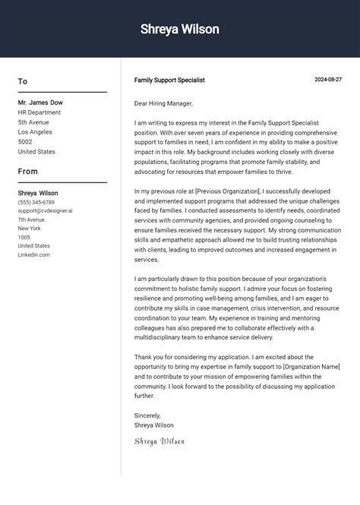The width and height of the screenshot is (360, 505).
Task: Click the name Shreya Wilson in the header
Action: [180, 30]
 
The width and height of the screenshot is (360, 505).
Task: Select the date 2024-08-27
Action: [328, 80]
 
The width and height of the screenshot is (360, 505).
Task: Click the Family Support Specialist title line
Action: [169, 80]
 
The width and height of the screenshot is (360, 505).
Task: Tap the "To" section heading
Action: [23, 81]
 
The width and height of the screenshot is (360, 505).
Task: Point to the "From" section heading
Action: [28, 172]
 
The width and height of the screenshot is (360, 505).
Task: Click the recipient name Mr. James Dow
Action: [40, 103]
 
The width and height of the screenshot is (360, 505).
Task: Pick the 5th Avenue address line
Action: [33, 122]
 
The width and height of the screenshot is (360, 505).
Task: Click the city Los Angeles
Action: [36, 132]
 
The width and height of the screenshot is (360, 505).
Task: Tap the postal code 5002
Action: [25, 142]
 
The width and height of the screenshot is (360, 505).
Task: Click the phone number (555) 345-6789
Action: [36, 203]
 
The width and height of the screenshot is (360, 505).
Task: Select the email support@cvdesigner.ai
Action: [46, 211]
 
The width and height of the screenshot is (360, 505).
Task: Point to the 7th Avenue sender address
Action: [31, 219]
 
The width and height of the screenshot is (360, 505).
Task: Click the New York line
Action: [30, 229]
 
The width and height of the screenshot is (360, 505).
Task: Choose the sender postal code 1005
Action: [24, 238]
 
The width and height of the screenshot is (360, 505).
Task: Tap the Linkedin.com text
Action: [34, 255]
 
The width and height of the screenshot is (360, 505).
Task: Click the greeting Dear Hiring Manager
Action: [163, 103]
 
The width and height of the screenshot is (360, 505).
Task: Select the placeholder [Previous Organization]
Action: [228, 191]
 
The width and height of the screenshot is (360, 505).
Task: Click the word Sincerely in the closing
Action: [147, 415]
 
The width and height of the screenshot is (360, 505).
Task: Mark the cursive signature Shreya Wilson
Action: [159, 441]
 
